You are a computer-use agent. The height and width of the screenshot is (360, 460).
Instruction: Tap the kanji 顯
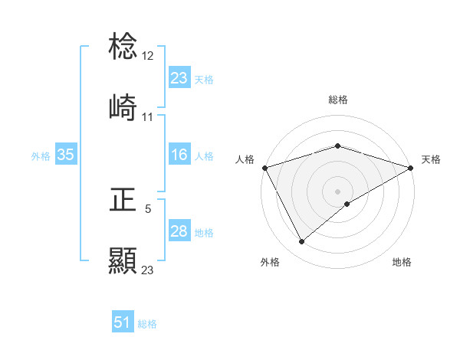(123, 260)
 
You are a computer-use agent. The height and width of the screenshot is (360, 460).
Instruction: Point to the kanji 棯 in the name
(123, 47)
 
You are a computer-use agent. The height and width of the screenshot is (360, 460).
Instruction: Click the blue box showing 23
(179, 78)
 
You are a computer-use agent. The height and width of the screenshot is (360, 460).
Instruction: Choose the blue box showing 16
(179, 155)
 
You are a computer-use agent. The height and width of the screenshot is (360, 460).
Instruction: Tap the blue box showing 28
(179, 232)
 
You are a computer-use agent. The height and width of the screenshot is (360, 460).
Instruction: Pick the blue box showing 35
(66, 155)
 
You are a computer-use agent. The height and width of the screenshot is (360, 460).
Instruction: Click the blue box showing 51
(123, 323)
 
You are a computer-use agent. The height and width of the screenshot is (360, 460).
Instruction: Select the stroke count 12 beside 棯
(149, 56)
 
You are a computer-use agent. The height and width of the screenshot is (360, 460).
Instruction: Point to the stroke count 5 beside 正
(148, 208)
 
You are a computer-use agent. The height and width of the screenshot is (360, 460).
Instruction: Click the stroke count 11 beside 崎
(148, 117)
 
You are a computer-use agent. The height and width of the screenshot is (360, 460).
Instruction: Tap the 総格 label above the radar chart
(338, 100)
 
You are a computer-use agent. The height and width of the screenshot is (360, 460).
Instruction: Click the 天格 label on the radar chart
(431, 159)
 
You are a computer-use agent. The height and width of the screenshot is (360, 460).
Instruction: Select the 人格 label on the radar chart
(245, 159)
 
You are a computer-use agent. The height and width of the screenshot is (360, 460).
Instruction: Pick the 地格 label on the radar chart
(402, 263)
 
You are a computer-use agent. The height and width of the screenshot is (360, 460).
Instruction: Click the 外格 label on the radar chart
(270, 263)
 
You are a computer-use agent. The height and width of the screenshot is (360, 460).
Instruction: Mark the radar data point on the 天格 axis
(411, 168)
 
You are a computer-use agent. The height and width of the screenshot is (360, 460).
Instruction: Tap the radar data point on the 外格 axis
(302, 242)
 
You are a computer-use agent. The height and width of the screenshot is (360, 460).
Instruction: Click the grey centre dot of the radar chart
(338, 191)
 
